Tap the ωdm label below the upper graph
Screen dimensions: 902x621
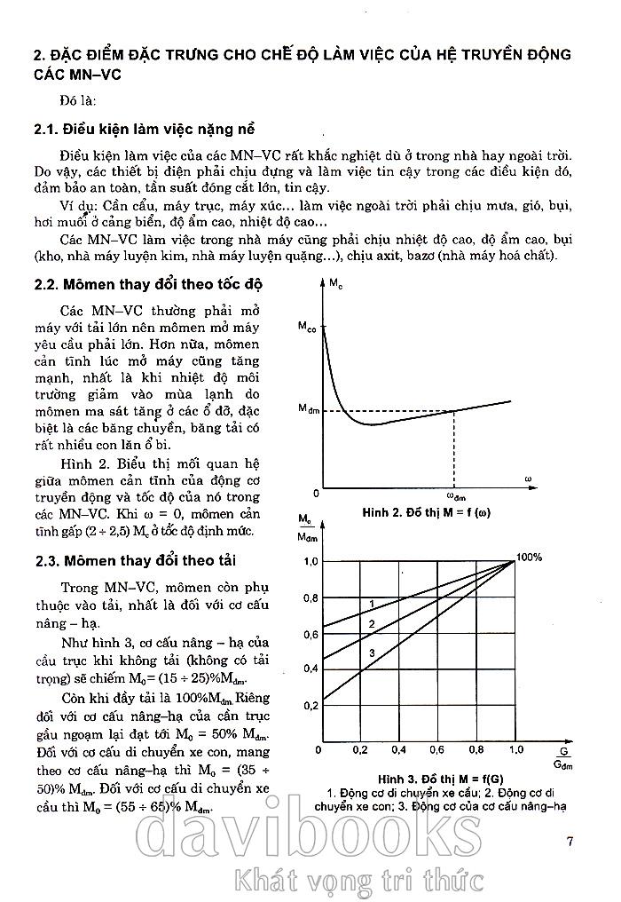tap(454, 497)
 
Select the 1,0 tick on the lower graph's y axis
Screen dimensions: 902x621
tap(310, 561)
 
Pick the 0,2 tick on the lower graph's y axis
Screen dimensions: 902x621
tap(310, 706)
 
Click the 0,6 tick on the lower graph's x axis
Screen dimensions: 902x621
tap(437, 751)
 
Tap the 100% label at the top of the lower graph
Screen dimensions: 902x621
tap(530, 557)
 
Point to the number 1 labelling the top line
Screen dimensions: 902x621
tap(371, 603)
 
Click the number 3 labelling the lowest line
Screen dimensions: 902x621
tap(371, 653)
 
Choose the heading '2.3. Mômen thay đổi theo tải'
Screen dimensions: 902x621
tap(135, 560)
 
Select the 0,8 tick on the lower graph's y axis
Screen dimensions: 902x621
tap(310, 598)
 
